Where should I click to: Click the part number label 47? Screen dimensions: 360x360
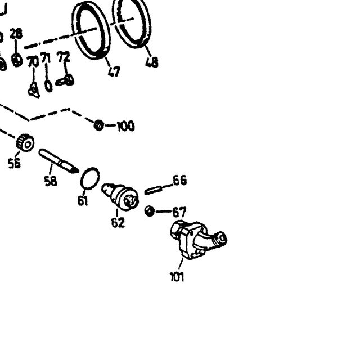(x=114, y=71)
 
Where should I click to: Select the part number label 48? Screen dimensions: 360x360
(x=152, y=62)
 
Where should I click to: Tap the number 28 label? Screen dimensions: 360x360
(x=16, y=34)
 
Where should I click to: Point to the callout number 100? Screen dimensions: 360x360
(x=126, y=126)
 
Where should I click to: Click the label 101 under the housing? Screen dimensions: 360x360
(x=177, y=276)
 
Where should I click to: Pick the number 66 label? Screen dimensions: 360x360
(x=180, y=181)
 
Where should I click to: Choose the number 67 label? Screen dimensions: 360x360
(x=179, y=212)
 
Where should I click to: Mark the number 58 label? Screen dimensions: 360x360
(x=51, y=181)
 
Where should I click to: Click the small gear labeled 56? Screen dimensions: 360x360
(x=25, y=142)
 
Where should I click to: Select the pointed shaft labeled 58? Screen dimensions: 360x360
(x=58, y=161)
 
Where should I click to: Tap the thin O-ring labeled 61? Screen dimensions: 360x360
(x=90, y=178)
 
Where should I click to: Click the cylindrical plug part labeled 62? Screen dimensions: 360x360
(x=120, y=196)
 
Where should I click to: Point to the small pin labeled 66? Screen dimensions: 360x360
(x=154, y=190)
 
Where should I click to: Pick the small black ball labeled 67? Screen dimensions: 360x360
(x=150, y=211)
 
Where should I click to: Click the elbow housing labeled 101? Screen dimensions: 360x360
(x=198, y=240)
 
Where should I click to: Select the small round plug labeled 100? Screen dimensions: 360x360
(x=99, y=125)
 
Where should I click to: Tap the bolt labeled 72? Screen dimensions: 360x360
(x=65, y=80)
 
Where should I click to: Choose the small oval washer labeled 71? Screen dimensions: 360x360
(x=48, y=86)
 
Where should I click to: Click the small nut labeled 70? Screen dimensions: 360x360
(x=34, y=91)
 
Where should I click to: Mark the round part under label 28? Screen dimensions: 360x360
(x=17, y=60)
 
